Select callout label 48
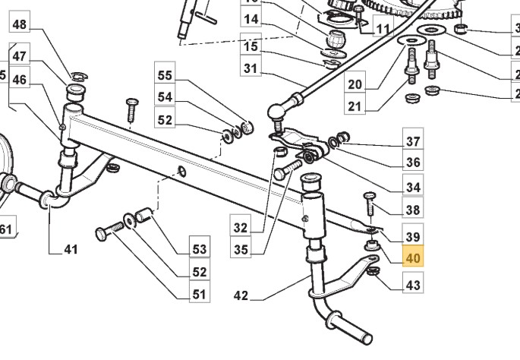(x=19, y=25)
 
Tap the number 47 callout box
(x=19, y=56)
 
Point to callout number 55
(x=165, y=75)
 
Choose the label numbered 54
(x=165, y=97)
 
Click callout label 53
(x=199, y=249)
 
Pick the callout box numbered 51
(x=199, y=295)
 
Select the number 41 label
(x=71, y=249)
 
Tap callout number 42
(x=240, y=296)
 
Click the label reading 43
(x=412, y=286)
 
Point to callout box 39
(x=412, y=236)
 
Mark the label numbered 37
(x=412, y=141)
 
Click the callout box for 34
(x=412, y=188)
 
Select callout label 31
(x=251, y=69)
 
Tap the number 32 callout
(x=241, y=227)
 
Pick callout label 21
(x=354, y=107)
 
